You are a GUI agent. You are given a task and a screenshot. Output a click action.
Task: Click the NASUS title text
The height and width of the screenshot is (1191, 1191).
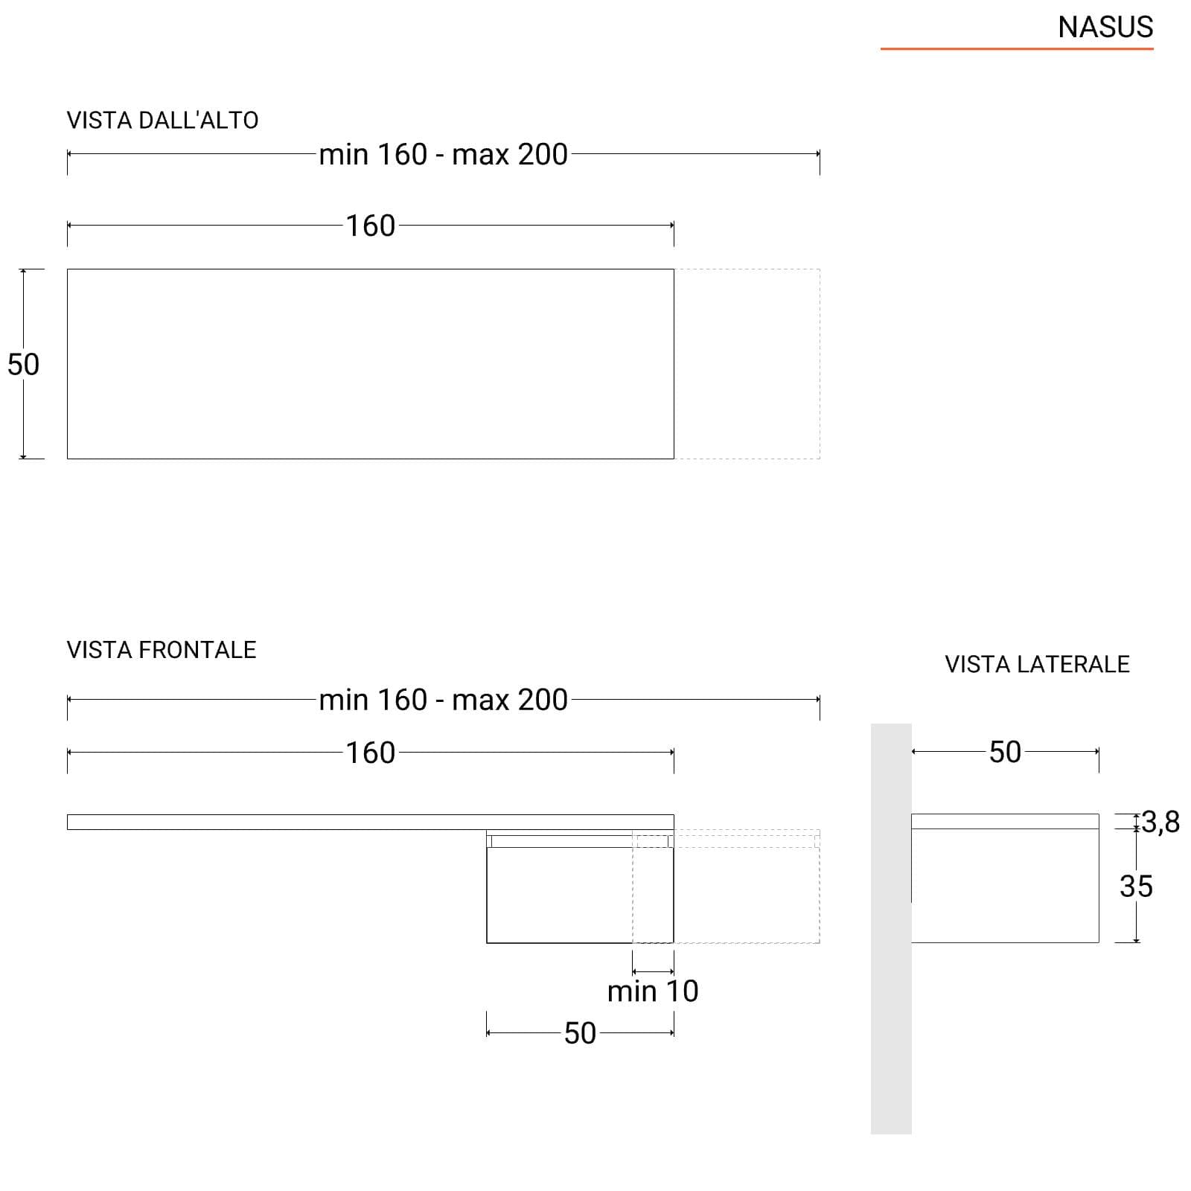[1105, 28]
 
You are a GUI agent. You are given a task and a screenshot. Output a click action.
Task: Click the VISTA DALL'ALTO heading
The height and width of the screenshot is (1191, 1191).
[162, 121]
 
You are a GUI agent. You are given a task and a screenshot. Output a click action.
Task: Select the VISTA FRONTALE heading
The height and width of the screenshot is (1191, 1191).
[162, 650]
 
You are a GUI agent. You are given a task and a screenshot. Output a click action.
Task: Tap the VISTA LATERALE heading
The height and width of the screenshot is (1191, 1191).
[1037, 664]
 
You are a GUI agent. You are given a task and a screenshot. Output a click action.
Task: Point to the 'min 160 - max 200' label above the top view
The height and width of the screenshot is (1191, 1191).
[444, 155]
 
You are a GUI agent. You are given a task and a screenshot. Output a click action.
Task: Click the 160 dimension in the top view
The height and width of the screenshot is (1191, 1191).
[370, 226]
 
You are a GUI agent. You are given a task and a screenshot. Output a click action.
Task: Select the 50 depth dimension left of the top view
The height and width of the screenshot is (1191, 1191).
[23, 364]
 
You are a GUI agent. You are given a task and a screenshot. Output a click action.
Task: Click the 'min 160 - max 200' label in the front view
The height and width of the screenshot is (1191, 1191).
[444, 700]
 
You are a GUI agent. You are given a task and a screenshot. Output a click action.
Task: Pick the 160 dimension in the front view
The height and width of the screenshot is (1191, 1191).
[370, 753]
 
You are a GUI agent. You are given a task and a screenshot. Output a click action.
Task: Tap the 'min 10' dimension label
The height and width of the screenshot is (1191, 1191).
[653, 992]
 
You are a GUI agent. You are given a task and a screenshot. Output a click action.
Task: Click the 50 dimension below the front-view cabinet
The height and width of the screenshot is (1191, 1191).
[580, 1033]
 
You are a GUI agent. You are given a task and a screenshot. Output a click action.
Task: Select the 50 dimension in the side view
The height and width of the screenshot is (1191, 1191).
[1005, 752]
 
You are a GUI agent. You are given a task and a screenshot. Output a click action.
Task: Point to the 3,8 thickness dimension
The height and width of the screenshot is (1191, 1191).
[1160, 822]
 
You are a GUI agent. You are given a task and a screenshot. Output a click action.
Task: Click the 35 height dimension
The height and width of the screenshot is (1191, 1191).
[1136, 887]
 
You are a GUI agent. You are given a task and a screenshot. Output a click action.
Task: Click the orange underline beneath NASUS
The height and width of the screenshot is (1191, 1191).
[1017, 49]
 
